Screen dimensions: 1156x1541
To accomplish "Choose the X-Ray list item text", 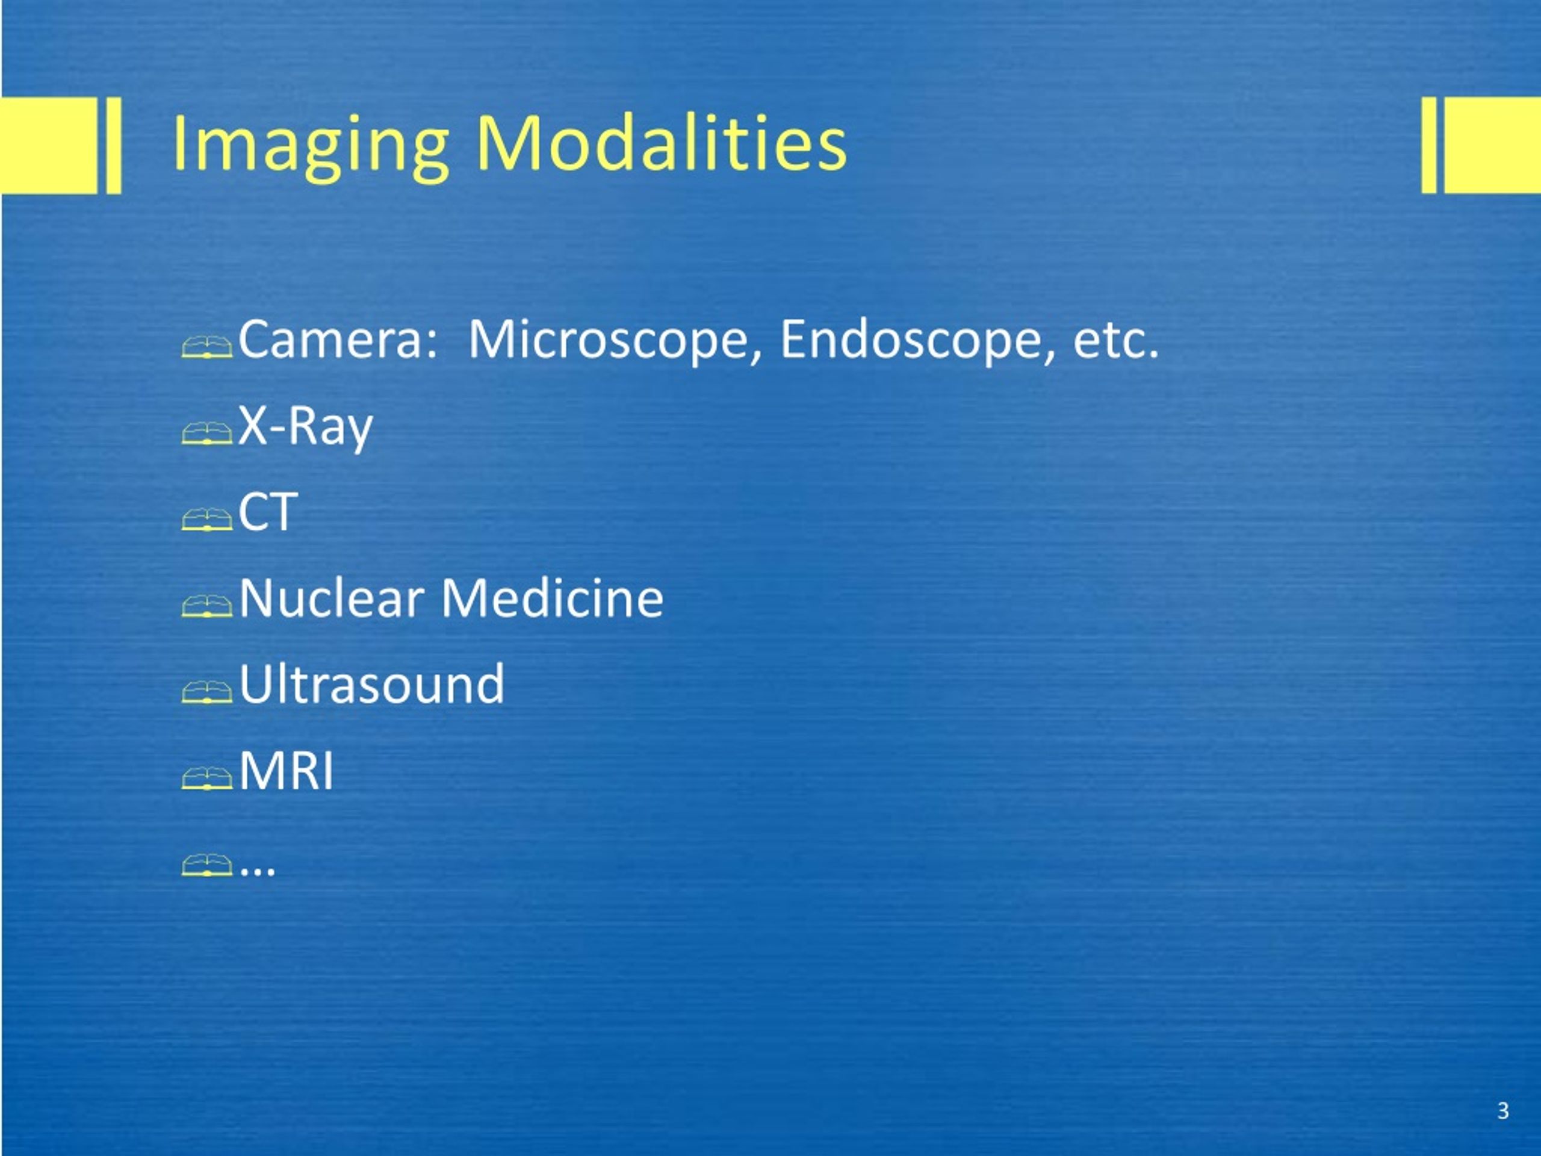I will pos(306,426).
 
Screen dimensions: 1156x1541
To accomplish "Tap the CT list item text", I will pos(268,512).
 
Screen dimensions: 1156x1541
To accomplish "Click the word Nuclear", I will pos(332,598).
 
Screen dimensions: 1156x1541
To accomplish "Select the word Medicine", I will pos(553,598).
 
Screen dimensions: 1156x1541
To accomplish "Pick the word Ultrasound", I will pos(371,684).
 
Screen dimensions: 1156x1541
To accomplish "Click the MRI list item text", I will pos(287,771).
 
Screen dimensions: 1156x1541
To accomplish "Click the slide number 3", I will pos(1502,1111).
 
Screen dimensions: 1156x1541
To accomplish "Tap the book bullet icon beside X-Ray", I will pos(207,433).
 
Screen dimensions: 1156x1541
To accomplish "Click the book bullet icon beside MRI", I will pos(207,778).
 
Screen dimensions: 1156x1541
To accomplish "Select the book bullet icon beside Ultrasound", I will pos(207,692).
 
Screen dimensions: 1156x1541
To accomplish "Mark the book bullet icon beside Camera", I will pos(207,347).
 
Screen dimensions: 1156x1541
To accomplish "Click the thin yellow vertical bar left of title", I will pos(114,145).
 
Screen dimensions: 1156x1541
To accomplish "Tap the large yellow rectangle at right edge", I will pos(1492,145).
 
